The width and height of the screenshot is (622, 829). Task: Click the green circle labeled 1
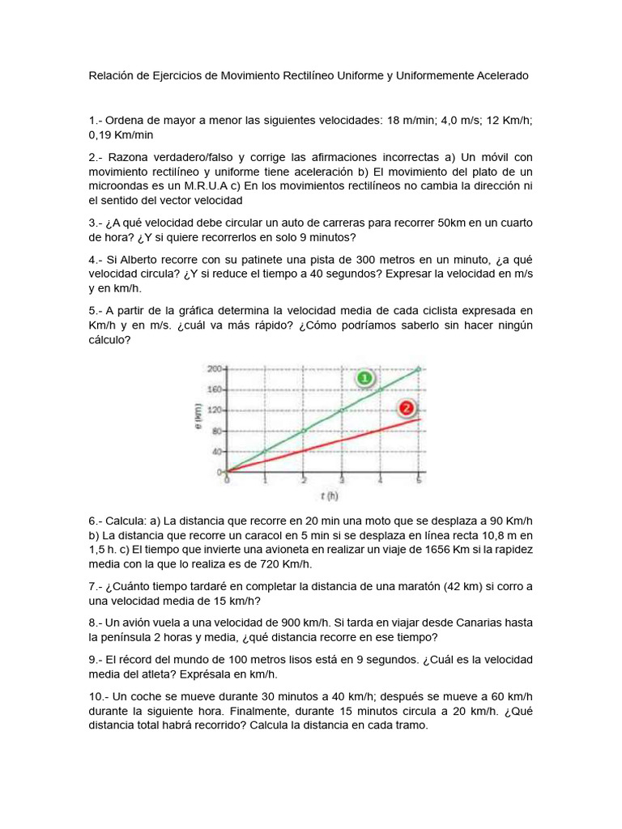[x=364, y=378]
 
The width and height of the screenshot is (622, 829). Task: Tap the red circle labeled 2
[x=406, y=408]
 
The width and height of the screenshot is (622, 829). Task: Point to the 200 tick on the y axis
[x=215, y=369]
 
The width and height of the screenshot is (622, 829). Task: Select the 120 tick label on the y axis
[x=215, y=410]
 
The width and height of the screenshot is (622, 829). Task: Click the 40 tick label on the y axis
[x=216, y=452]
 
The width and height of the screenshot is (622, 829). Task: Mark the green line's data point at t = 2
[x=304, y=431]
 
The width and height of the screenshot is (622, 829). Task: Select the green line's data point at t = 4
[x=380, y=389]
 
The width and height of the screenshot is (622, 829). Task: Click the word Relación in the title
[x=113, y=75]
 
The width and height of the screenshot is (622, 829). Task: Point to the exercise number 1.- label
[x=95, y=120]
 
